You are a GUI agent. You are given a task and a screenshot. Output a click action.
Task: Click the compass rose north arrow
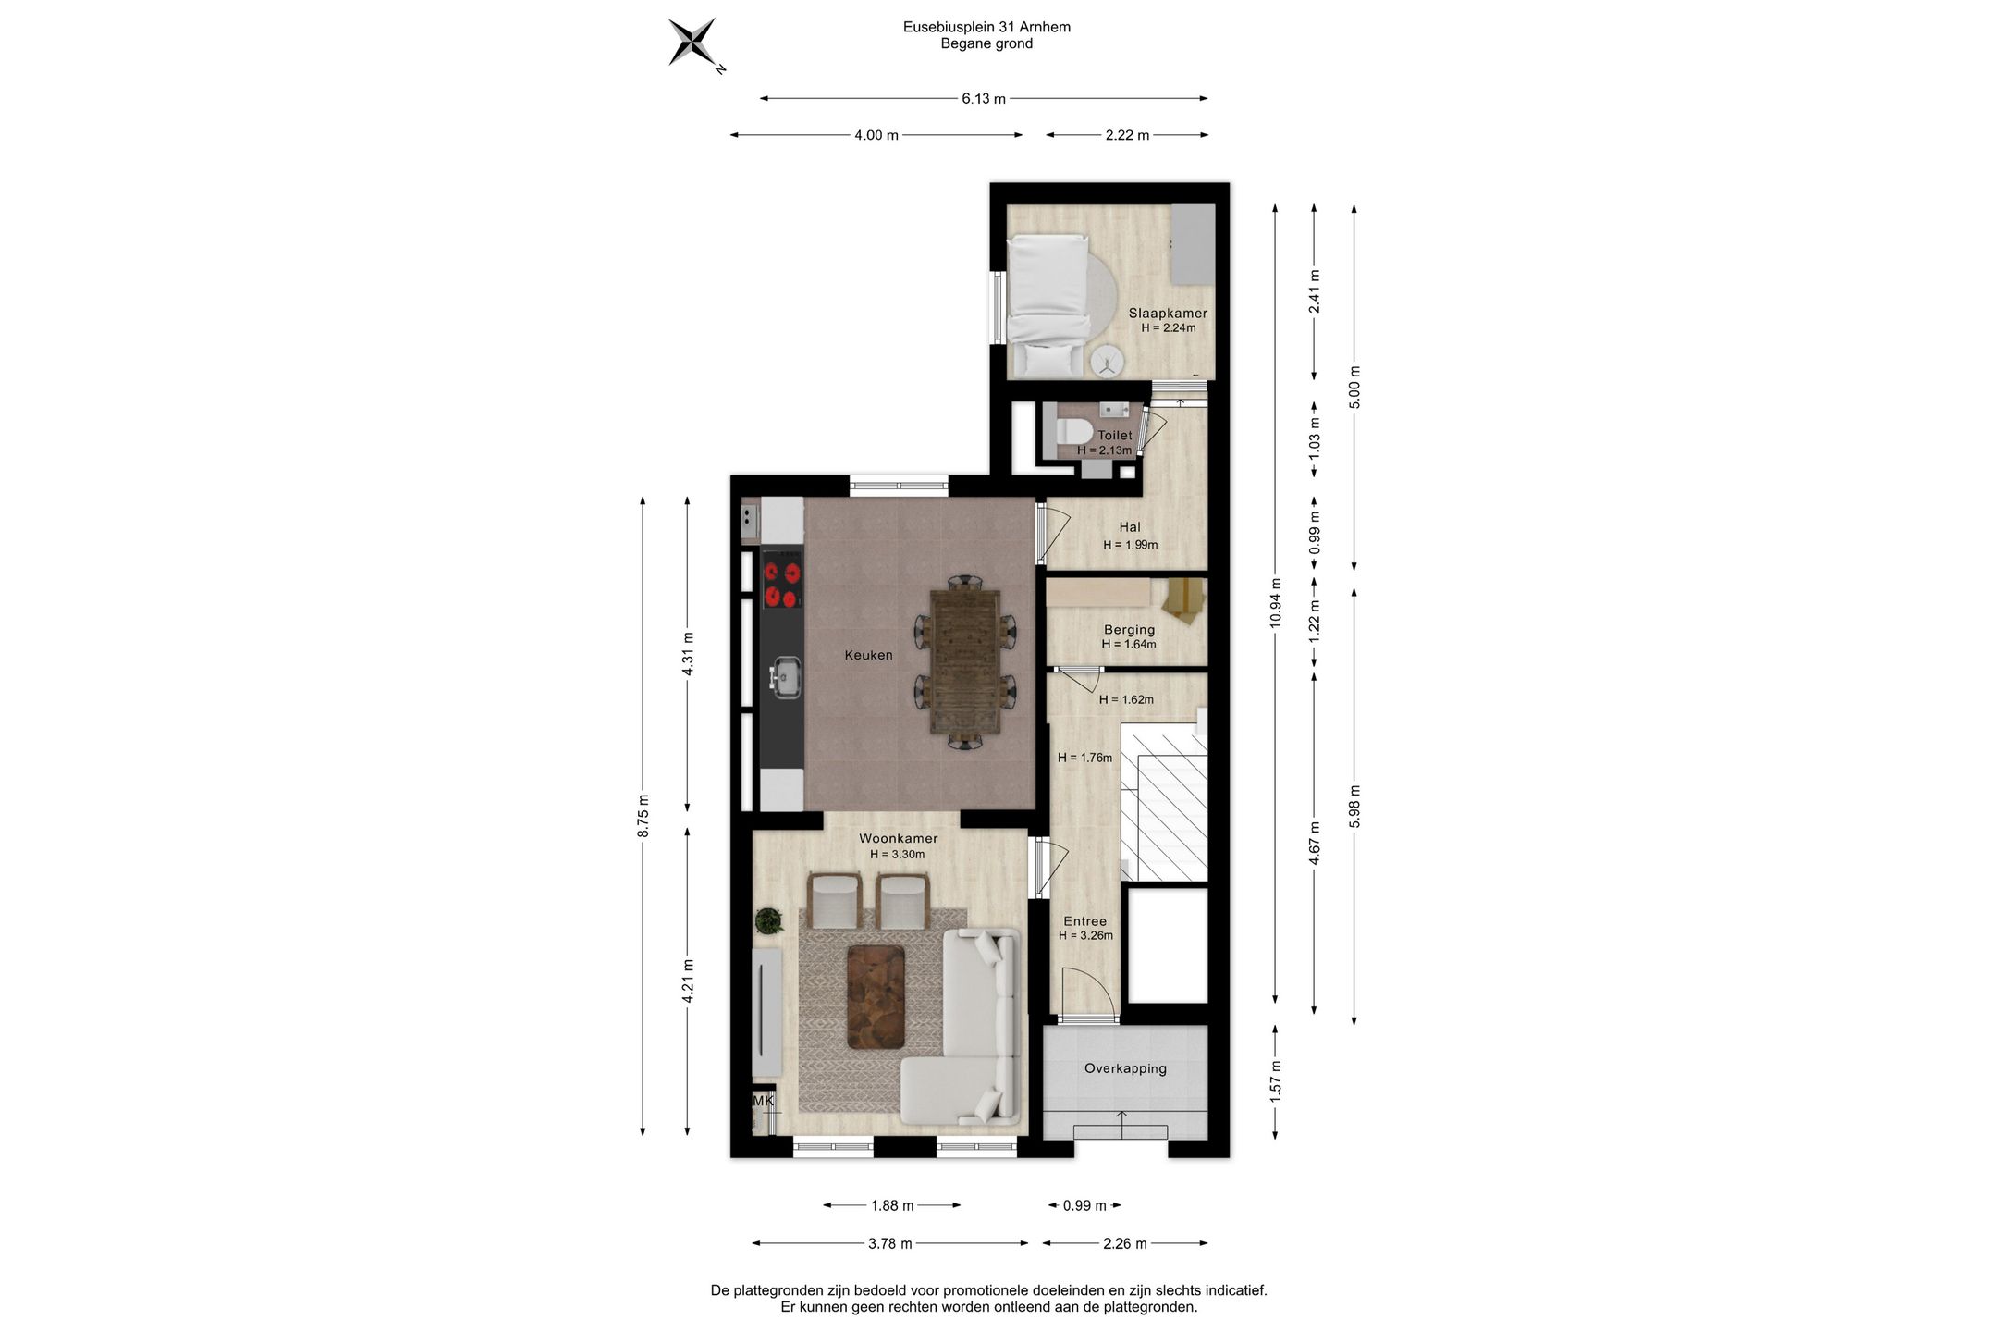[693, 43]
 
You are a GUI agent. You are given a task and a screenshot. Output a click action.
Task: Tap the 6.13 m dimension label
[984, 99]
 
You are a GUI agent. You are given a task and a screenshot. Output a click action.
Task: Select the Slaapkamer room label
[1168, 314]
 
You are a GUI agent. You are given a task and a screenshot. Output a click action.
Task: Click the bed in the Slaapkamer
[1048, 305]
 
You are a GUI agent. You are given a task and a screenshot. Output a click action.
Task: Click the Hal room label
[1130, 527]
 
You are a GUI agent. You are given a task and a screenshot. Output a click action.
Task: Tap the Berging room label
[1129, 630]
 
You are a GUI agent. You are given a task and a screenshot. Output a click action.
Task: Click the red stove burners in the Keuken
[781, 586]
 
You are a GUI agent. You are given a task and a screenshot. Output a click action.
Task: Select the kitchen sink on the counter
[786, 677]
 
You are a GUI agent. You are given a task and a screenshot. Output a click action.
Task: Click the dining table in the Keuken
[965, 661]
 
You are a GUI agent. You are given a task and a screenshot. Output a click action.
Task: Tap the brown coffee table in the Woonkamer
[876, 997]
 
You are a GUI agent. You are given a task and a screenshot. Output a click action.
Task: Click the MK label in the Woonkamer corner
[763, 1101]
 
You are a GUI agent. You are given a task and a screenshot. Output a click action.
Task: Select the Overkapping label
[1125, 1068]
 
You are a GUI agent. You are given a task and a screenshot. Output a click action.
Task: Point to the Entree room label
[1084, 921]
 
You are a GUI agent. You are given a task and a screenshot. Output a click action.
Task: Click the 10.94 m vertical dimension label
[1276, 603]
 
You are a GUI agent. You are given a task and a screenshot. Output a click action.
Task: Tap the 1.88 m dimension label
[892, 1205]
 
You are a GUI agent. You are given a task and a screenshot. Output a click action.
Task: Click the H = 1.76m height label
[1084, 758]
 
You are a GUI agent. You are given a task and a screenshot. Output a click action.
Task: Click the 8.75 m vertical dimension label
[643, 816]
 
